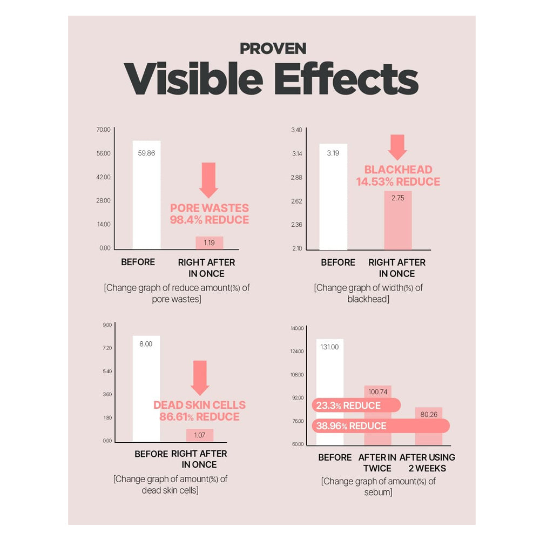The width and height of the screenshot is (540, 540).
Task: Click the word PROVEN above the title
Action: tap(273, 49)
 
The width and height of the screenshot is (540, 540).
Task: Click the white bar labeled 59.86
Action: tap(146, 194)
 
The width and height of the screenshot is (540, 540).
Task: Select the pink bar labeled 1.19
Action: tap(209, 243)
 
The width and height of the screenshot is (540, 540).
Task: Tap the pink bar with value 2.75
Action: tap(398, 220)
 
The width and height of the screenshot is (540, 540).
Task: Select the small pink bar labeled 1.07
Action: tap(199, 435)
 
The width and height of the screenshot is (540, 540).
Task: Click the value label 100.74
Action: tap(377, 390)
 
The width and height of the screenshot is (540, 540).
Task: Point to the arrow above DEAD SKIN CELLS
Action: tap(200, 377)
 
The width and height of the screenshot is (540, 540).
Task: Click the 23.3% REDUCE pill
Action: tap(356, 406)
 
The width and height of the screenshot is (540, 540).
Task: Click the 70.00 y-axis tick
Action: tap(103, 130)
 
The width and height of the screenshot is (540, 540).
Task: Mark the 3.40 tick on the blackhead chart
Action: tap(296, 130)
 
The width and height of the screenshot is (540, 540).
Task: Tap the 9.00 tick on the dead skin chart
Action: tap(106, 325)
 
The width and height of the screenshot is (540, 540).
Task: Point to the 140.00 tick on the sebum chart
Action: tap(297, 328)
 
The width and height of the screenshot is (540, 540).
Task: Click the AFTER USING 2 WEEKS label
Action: tap(427, 463)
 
